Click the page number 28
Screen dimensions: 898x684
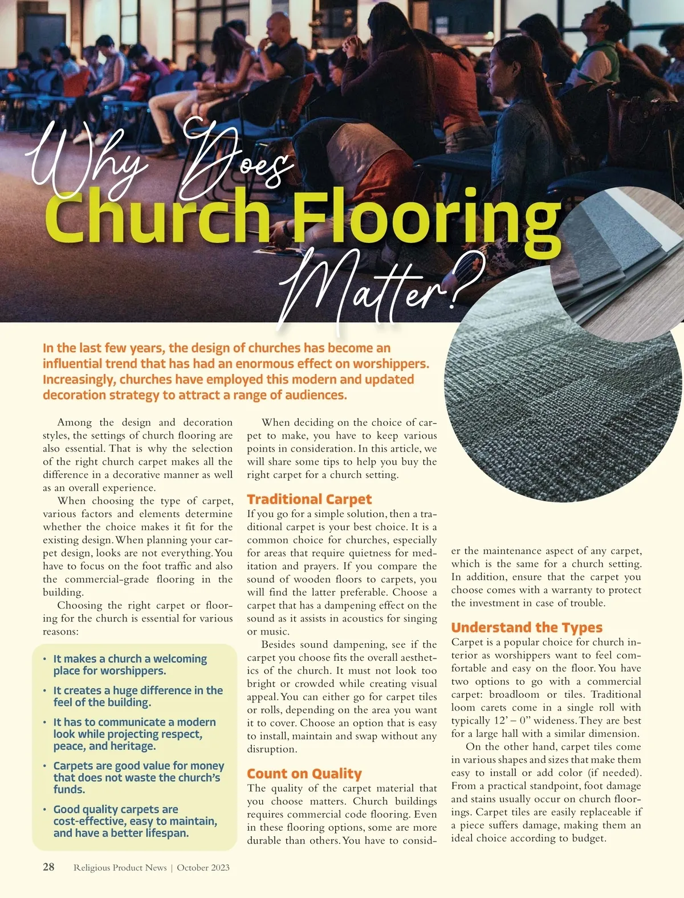(49, 867)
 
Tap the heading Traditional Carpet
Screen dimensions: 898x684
(309, 499)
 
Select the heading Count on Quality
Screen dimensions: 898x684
(304, 774)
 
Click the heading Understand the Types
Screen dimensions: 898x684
(527, 628)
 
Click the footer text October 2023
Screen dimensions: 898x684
(203, 867)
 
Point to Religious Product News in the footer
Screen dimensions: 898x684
(120, 867)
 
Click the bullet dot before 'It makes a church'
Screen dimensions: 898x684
(45, 659)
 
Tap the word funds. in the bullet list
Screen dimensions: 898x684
(70, 790)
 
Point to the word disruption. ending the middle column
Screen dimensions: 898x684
(272, 749)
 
